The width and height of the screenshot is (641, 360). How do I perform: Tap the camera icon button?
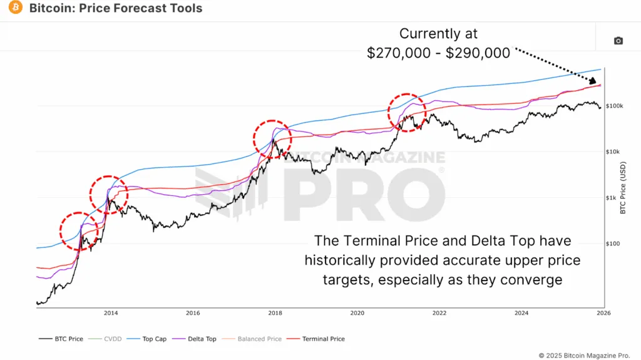[618, 41]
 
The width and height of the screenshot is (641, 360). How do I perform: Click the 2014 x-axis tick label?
[111, 312]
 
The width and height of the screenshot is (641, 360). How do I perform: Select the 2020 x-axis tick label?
[357, 312]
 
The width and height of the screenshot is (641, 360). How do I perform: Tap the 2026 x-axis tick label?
[603, 312]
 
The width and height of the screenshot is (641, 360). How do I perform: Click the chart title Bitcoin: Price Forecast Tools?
[116, 9]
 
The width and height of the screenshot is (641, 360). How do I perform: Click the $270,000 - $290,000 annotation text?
[438, 53]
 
